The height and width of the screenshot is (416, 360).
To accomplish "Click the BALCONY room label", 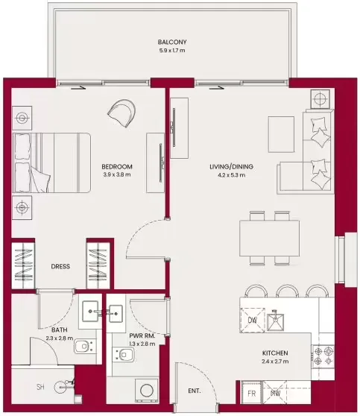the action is pos(172,42).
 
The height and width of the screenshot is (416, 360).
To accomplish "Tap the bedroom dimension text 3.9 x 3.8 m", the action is pos(117,174).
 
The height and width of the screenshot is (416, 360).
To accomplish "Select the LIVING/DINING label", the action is pos(231,166).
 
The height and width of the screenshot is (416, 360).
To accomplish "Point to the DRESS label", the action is pos(60,266).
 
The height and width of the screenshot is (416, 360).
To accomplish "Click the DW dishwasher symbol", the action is pos(253,320).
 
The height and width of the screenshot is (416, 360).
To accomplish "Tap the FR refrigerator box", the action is pos(251,393).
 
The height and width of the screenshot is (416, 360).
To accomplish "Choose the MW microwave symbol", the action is pos(275,393).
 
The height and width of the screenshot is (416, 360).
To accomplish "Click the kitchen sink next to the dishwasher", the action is pos(275,322).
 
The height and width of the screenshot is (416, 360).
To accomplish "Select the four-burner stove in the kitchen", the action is pos(323,356).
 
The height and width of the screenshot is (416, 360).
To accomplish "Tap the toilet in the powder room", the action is pos(124,354).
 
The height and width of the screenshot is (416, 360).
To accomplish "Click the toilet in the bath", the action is pos(84,346).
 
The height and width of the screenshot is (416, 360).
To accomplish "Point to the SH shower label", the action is pos(40,387).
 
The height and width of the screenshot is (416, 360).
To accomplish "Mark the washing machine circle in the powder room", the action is pos(145,391).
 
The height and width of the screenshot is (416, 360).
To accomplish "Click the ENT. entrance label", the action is pos(195,391).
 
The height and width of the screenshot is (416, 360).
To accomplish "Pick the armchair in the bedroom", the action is pos(121,113).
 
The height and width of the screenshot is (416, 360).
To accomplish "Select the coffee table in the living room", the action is pos(281,134).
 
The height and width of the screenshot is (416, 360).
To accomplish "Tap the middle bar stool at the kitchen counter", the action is pos(287,291).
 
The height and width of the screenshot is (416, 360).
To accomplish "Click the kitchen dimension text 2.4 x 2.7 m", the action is pos(275,362).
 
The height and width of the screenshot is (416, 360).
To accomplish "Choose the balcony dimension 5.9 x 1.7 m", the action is pos(172,51).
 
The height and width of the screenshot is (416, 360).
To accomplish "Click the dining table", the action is pos(270,238).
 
